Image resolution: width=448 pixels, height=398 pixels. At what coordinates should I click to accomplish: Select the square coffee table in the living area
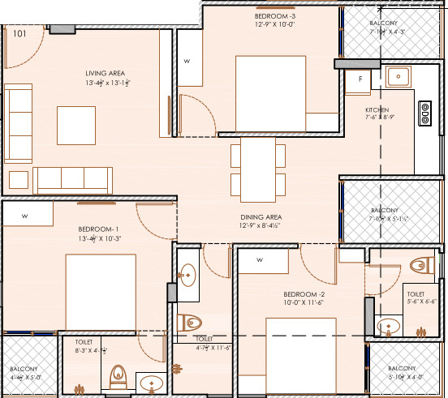75,124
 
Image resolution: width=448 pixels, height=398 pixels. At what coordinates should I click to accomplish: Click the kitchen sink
398,77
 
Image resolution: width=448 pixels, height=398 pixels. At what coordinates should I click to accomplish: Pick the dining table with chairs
259,169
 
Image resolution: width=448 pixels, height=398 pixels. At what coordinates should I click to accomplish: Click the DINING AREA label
261,217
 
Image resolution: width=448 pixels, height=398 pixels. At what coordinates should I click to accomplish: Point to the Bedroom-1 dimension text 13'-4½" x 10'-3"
100,238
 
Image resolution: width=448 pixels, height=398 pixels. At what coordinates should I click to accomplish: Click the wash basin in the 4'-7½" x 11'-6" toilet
187,274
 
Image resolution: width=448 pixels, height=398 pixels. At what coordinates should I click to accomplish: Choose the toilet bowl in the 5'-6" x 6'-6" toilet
420,265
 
